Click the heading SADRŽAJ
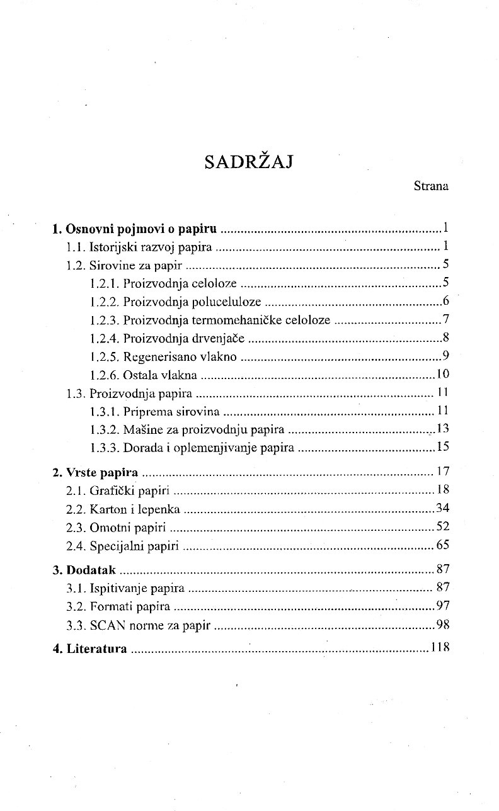250,162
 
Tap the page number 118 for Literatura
440,648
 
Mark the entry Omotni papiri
117,528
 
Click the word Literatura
97,649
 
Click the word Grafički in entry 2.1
111,491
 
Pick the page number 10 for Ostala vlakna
442,375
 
